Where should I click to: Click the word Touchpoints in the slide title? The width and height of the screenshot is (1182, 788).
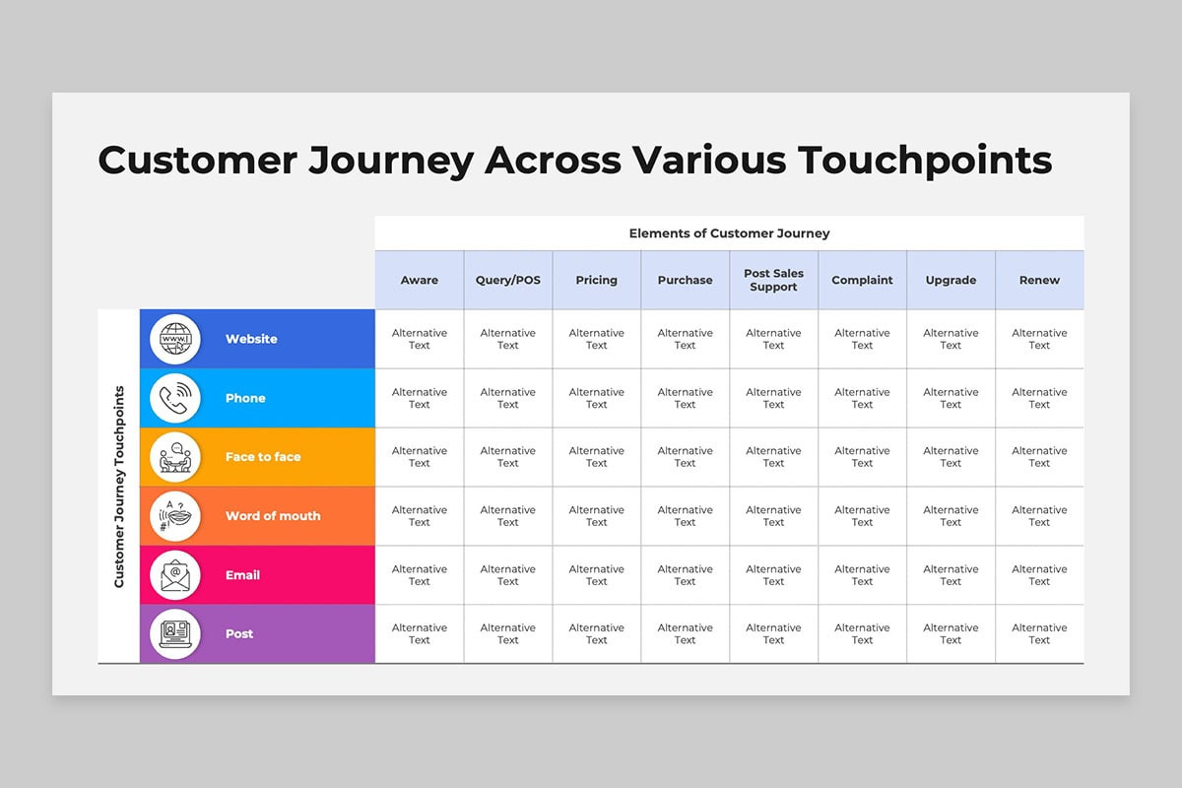click(x=925, y=161)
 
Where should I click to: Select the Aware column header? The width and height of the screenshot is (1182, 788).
click(x=420, y=280)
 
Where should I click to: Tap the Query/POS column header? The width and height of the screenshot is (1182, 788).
click(x=508, y=280)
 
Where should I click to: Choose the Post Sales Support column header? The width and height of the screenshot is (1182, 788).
click(x=773, y=280)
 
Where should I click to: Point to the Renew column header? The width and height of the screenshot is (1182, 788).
click(x=1039, y=280)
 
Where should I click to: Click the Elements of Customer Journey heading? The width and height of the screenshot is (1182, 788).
click(x=729, y=233)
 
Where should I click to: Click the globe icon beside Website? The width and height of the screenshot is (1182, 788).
click(x=175, y=339)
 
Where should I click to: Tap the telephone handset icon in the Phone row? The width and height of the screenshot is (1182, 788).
click(x=175, y=398)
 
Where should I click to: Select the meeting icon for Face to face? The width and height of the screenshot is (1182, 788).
click(x=175, y=457)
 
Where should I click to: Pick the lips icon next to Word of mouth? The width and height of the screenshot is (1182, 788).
click(x=175, y=516)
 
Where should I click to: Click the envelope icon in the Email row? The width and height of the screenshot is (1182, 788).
click(x=175, y=575)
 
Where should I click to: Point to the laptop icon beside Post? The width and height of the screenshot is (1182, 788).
click(x=175, y=634)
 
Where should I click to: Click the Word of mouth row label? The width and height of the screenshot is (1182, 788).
click(x=273, y=516)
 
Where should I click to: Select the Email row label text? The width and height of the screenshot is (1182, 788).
click(x=242, y=575)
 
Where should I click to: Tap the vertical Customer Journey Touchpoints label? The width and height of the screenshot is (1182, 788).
click(x=119, y=487)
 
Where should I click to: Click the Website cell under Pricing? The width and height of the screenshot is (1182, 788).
click(x=597, y=339)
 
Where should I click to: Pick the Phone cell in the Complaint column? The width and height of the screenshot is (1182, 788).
click(x=862, y=398)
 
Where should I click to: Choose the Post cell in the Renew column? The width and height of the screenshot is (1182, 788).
click(x=1039, y=634)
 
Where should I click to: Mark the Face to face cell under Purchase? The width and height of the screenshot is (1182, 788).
click(x=685, y=457)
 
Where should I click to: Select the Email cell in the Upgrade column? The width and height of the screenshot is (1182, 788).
click(x=951, y=575)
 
